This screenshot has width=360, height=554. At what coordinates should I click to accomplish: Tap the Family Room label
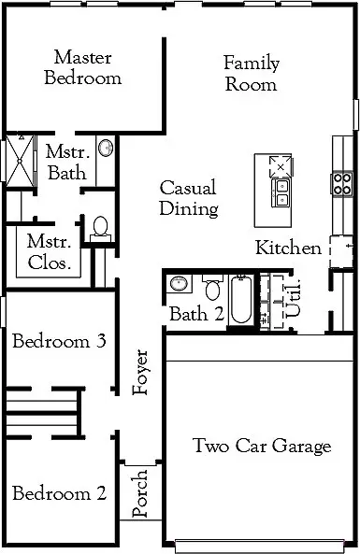tap(251, 74)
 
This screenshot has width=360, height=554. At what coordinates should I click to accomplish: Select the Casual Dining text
tap(188, 198)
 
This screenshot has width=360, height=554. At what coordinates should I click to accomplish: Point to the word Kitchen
tap(289, 249)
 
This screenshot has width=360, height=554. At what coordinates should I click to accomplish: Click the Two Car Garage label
tap(262, 447)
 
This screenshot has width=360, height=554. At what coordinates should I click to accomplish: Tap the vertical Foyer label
tap(141, 372)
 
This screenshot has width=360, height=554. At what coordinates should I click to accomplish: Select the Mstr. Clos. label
tap(50, 252)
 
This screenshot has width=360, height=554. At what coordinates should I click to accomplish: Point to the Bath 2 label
tap(196, 314)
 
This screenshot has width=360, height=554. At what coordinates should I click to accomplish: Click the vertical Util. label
tap(295, 296)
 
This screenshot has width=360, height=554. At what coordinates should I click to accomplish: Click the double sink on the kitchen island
tap(281, 192)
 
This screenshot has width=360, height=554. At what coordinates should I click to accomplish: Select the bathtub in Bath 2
tap(241, 301)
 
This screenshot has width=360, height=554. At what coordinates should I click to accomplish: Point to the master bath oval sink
tap(105, 149)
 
